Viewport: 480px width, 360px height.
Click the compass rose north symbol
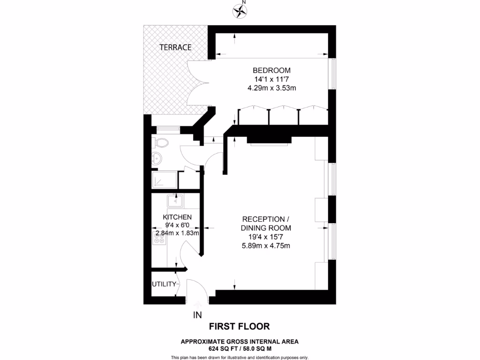tap(241, 10)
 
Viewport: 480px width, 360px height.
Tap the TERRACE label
tap(175, 47)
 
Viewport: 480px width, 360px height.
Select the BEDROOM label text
tap(268, 70)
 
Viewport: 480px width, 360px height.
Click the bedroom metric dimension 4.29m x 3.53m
tap(268, 88)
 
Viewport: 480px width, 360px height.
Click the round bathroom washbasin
tap(157, 158)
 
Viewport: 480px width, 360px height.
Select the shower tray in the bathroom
tap(165, 180)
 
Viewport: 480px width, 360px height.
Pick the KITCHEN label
tap(177, 217)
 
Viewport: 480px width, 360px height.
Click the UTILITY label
tap(164, 284)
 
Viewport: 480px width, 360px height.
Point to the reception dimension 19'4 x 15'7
tap(266, 237)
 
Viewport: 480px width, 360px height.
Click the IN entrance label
tap(197, 315)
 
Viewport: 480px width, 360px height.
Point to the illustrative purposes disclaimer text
tap(240, 358)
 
